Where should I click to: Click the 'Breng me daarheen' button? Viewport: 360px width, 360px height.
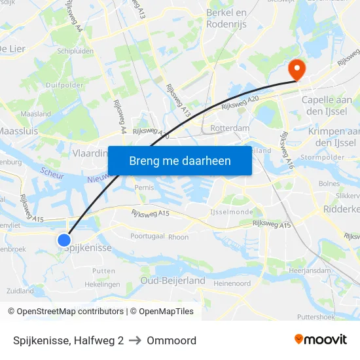(x=179, y=160)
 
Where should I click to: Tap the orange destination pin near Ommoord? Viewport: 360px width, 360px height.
(x=296, y=69)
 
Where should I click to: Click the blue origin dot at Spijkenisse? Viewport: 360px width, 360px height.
(x=64, y=240)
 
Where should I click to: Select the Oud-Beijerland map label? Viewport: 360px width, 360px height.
(x=173, y=281)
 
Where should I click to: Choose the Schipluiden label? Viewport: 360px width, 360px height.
(x=75, y=50)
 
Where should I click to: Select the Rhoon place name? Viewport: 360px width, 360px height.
(x=178, y=237)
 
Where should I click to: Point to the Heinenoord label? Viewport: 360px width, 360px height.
(x=232, y=283)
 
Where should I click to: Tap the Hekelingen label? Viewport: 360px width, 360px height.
(x=102, y=284)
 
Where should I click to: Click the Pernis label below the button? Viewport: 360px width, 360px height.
(x=143, y=187)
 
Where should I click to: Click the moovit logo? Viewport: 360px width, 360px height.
(x=321, y=340)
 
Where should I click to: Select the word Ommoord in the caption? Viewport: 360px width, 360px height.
(x=171, y=340)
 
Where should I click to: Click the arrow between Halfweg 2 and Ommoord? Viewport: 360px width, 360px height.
(x=135, y=340)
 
